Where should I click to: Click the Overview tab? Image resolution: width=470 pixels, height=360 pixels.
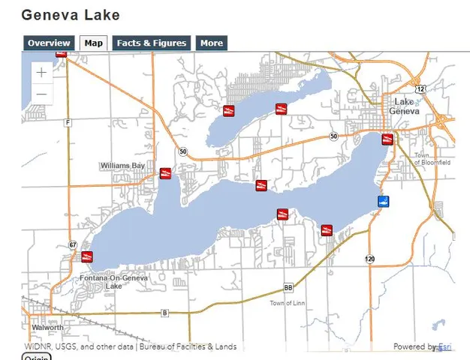point(49,43)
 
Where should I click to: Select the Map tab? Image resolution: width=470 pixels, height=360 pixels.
point(94,43)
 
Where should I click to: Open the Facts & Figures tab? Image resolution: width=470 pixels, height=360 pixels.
point(151,43)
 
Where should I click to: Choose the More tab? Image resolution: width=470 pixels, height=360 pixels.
point(211,43)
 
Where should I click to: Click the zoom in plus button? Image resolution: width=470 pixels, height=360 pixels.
point(41,73)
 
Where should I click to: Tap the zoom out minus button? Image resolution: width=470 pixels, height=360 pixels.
point(41,94)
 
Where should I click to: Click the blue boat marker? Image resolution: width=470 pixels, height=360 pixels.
point(383,202)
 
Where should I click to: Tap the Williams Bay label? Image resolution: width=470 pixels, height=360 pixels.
point(121,165)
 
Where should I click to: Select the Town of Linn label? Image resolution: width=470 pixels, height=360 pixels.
point(287,303)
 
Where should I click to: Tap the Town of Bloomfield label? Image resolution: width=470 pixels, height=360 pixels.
point(432,159)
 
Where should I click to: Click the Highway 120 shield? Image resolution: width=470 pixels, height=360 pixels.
point(370,259)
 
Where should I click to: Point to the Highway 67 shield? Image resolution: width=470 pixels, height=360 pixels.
point(73,245)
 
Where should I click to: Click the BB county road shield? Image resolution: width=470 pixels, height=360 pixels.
point(288,288)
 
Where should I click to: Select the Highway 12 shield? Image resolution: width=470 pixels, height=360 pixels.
point(420,89)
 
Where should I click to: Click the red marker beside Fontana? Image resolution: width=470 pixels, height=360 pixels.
point(87,257)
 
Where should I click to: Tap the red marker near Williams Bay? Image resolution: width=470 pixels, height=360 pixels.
point(165,173)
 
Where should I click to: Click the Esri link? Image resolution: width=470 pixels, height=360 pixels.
point(446,347)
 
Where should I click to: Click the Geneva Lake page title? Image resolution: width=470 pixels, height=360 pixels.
point(71,15)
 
